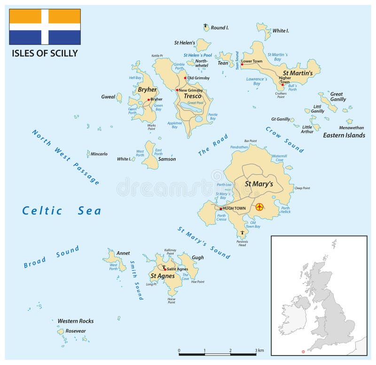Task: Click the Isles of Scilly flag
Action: point(45,27)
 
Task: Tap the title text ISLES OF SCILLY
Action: point(45,53)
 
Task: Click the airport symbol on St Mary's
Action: point(260,207)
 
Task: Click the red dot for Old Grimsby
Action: point(185,78)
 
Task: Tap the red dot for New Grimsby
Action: point(177,90)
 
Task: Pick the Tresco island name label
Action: point(193,96)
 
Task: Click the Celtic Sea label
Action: point(62,211)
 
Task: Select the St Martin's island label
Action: point(298,73)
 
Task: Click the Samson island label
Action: point(167,159)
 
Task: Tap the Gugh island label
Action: point(198,258)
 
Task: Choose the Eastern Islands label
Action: point(344,135)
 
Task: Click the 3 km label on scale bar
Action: point(259,350)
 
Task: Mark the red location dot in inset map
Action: point(303,352)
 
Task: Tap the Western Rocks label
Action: point(75,321)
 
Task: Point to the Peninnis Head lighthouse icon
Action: point(243,232)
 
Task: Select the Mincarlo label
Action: point(99,154)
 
